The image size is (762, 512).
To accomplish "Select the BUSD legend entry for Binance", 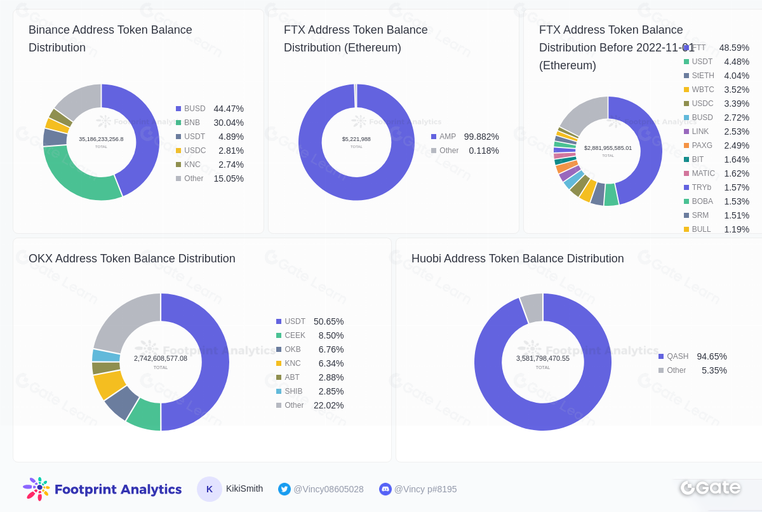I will [x=194, y=109].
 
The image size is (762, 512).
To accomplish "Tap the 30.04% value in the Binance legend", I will [x=229, y=123].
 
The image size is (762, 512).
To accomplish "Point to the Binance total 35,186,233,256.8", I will [x=101, y=139].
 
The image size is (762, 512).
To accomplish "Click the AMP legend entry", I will [x=447, y=137].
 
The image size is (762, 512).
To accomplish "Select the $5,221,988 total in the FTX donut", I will [x=356, y=139].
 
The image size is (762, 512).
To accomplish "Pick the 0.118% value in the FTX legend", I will [x=484, y=151].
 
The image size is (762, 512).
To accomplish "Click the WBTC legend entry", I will [x=702, y=90].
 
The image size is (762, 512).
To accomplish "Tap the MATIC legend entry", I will [x=703, y=173].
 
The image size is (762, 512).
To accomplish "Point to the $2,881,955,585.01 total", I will [x=608, y=148].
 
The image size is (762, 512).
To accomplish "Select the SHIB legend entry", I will [x=292, y=391].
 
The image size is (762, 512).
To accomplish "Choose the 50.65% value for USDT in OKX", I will [x=328, y=321].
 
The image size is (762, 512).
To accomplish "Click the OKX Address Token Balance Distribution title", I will [x=132, y=259].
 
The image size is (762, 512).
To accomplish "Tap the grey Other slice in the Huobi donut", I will [x=532, y=308].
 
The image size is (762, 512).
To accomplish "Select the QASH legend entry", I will [x=677, y=356].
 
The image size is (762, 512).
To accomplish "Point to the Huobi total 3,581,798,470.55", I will [x=543, y=358].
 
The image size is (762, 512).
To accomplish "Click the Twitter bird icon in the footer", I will [x=284, y=489].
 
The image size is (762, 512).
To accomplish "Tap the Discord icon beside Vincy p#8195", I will [x=385, y=489].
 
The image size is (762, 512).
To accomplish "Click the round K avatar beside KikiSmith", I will [x=210, y=489].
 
